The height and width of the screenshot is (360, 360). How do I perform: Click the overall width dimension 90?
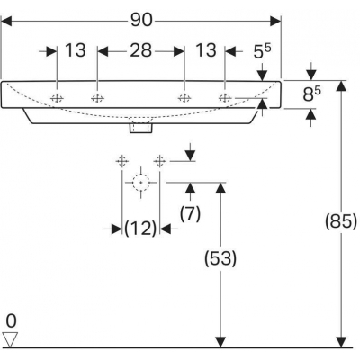click(x=141, y=21)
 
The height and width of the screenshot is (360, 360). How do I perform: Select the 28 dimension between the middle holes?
click(x=141, y=50)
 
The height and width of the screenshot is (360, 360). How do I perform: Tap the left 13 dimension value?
click(x=76, y=50)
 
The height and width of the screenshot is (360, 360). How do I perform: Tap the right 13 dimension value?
click(x=206, y=50)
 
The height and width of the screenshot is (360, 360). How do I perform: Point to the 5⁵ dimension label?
click(x=262, y=51)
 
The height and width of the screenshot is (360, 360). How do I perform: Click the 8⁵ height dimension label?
click(x=311, y=94)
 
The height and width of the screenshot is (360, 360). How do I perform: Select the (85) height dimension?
click(x=341, y=222)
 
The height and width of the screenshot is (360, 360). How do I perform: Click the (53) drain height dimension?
click(x=220, y=258)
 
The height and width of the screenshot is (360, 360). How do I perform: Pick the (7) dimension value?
click(x=190, y=214)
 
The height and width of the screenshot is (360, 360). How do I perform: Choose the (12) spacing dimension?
click(x=140, y=229)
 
